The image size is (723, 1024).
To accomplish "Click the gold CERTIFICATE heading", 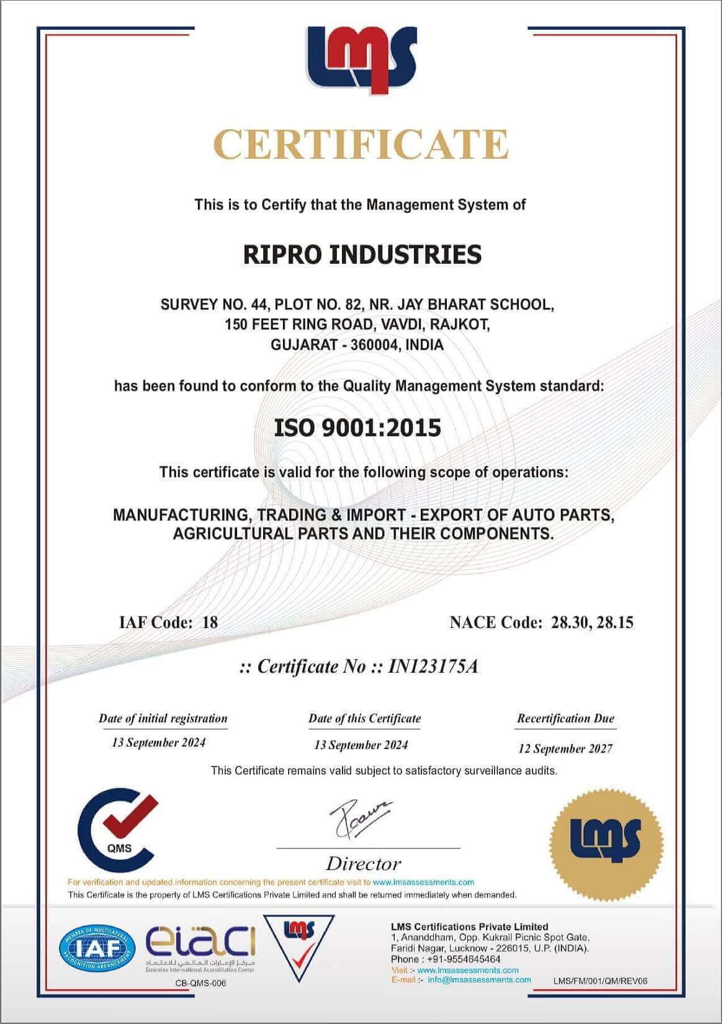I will [361, 144].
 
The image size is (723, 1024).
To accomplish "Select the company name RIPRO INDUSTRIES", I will [362, 254].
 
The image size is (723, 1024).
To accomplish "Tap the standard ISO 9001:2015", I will [357, 428].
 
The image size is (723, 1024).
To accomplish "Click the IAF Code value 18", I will [210, 622].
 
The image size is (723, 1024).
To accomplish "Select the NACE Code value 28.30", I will [570, 622].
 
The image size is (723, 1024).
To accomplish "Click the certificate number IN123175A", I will [433, 667].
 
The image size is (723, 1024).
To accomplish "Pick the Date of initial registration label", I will [163, 719].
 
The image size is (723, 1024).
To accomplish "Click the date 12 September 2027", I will [565, 748].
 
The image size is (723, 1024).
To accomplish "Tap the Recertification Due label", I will [565, 719].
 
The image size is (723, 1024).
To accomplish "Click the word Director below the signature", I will [364, 863].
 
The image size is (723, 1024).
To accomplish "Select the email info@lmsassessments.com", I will [479, 980].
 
